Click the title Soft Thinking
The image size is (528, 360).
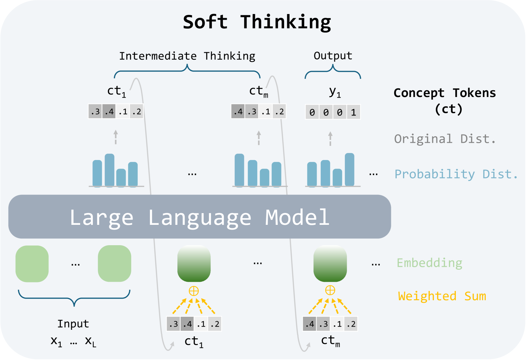point(257,22)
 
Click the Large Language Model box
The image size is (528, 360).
point(200,217)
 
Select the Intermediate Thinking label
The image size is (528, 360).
point(187,56)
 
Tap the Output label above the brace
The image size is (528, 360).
point(333,56)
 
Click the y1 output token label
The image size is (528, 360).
point(335,92)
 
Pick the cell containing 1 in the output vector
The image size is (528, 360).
point(353,112)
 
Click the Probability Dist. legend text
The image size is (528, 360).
point(456,174)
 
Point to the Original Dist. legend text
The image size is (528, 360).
point(445,139)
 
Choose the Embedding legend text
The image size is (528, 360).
point(429,263)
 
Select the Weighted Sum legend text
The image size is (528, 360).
point(442,296)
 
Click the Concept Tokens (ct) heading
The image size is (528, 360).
point(445,100)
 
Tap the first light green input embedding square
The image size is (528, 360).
point(32,264)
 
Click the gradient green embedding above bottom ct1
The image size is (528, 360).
point(194,264)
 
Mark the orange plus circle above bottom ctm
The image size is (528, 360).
point(330,290)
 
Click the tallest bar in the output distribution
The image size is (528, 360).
point(349,170)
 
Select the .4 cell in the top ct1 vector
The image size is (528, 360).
point(109,112)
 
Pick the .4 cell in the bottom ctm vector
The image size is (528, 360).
point(309,324)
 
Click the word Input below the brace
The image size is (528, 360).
point(73,324)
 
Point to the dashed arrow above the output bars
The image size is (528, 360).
point(330,139)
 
